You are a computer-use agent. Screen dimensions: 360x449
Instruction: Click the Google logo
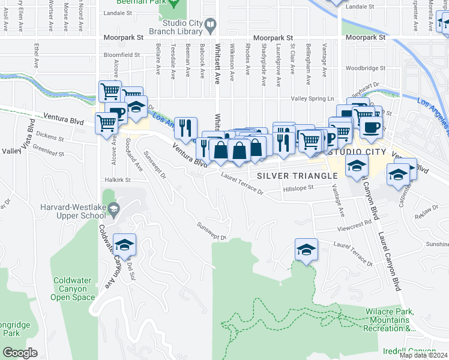[x=19, y=353]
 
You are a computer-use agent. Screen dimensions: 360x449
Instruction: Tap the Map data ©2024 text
[x=424, y=355]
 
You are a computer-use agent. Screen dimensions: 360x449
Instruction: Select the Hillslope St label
[x=298, y=188]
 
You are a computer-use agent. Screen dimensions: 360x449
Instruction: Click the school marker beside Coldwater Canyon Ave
[x=124, y=246]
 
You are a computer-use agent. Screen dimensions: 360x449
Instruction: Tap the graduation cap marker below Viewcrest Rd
[x=306, y=250]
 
